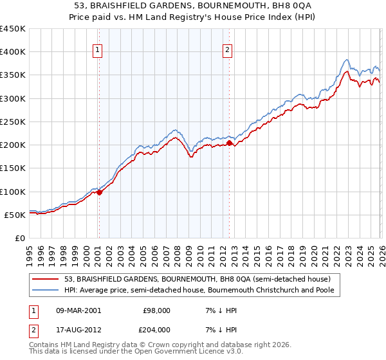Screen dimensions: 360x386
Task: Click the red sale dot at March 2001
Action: [x=99, y=192]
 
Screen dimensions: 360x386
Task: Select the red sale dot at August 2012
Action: [x=230, y=143]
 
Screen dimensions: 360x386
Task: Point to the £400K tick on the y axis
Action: [x=13, y=52]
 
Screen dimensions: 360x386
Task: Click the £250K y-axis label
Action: [x=13, y=122]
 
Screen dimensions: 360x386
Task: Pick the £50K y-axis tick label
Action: [x=15, y=215]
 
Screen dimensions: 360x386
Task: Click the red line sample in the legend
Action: [x=46, y=279]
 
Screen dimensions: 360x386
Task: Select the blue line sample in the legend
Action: [x=46, y=291]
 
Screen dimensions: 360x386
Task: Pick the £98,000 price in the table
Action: [x=156, y=310]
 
